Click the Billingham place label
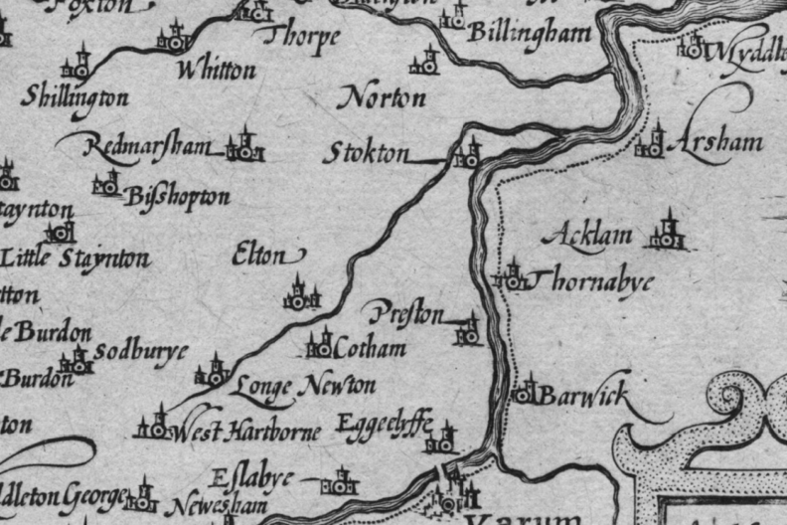(x=529, y=33)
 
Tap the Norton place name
(x=383, y=97)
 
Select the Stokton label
(x=367, y=155)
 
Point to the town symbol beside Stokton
(x=467, y=154)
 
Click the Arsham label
(x=715, y=142)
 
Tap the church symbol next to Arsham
(x=652, y=142)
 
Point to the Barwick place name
(x=584, y=396)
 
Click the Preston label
(x=406, y=316)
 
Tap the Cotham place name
(x=371, y=348)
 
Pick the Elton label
(x=259, y=256)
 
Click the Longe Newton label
(x=305, y=386)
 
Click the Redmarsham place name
(x=149, y=146)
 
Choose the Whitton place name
(x=216, y=71)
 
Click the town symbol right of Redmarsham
(x=243, y=147)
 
